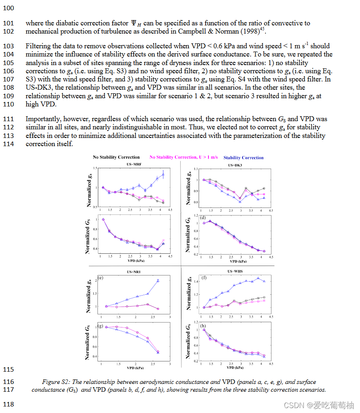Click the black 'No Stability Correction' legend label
coord(116,157)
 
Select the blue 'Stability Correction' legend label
coord(243,158)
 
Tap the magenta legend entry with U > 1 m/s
coord(183,157)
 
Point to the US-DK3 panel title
coord(235,165)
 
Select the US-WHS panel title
coord(235,272)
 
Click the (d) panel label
coord(203,218)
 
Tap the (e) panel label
coord(100,278)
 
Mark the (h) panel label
coord(204,326)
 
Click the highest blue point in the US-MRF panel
coord(163,174)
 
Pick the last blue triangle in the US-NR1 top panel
coord(158,280)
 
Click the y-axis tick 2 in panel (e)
coord(96,280)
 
